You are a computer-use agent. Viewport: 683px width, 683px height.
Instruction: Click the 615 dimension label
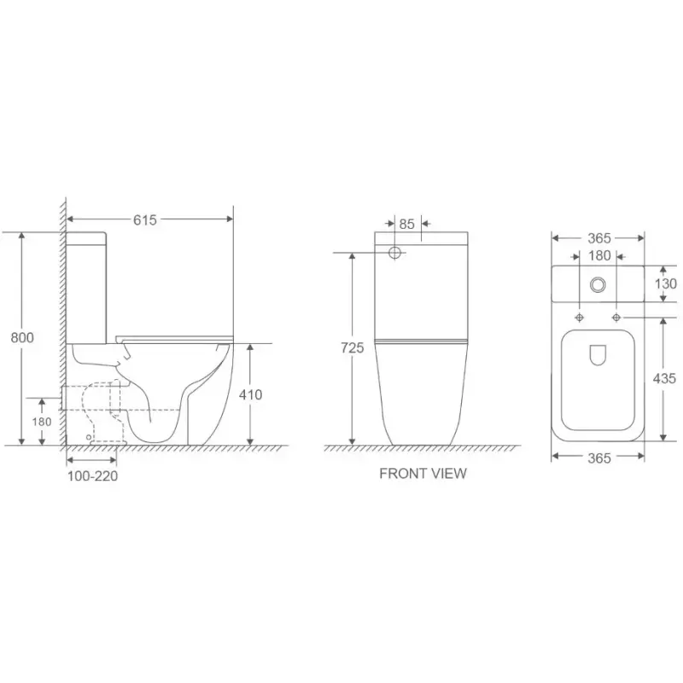click(144, 220)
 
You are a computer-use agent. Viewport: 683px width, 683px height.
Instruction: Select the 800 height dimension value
click(22, 337)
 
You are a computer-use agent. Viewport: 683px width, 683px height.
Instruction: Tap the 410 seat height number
click(250, 394)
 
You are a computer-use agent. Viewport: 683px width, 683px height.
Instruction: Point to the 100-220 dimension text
click(92, 476)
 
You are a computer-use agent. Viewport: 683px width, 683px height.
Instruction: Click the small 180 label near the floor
click(41, 422)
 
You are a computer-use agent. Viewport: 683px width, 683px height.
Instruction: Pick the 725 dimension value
click(352, 347)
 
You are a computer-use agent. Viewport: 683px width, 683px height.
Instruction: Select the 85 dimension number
click(406, 224)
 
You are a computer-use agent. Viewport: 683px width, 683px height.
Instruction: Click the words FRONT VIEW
click(423, 474)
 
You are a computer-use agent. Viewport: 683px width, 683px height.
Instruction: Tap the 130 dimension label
click(666, 284)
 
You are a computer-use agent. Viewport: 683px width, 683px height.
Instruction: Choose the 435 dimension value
click(664, 378)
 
